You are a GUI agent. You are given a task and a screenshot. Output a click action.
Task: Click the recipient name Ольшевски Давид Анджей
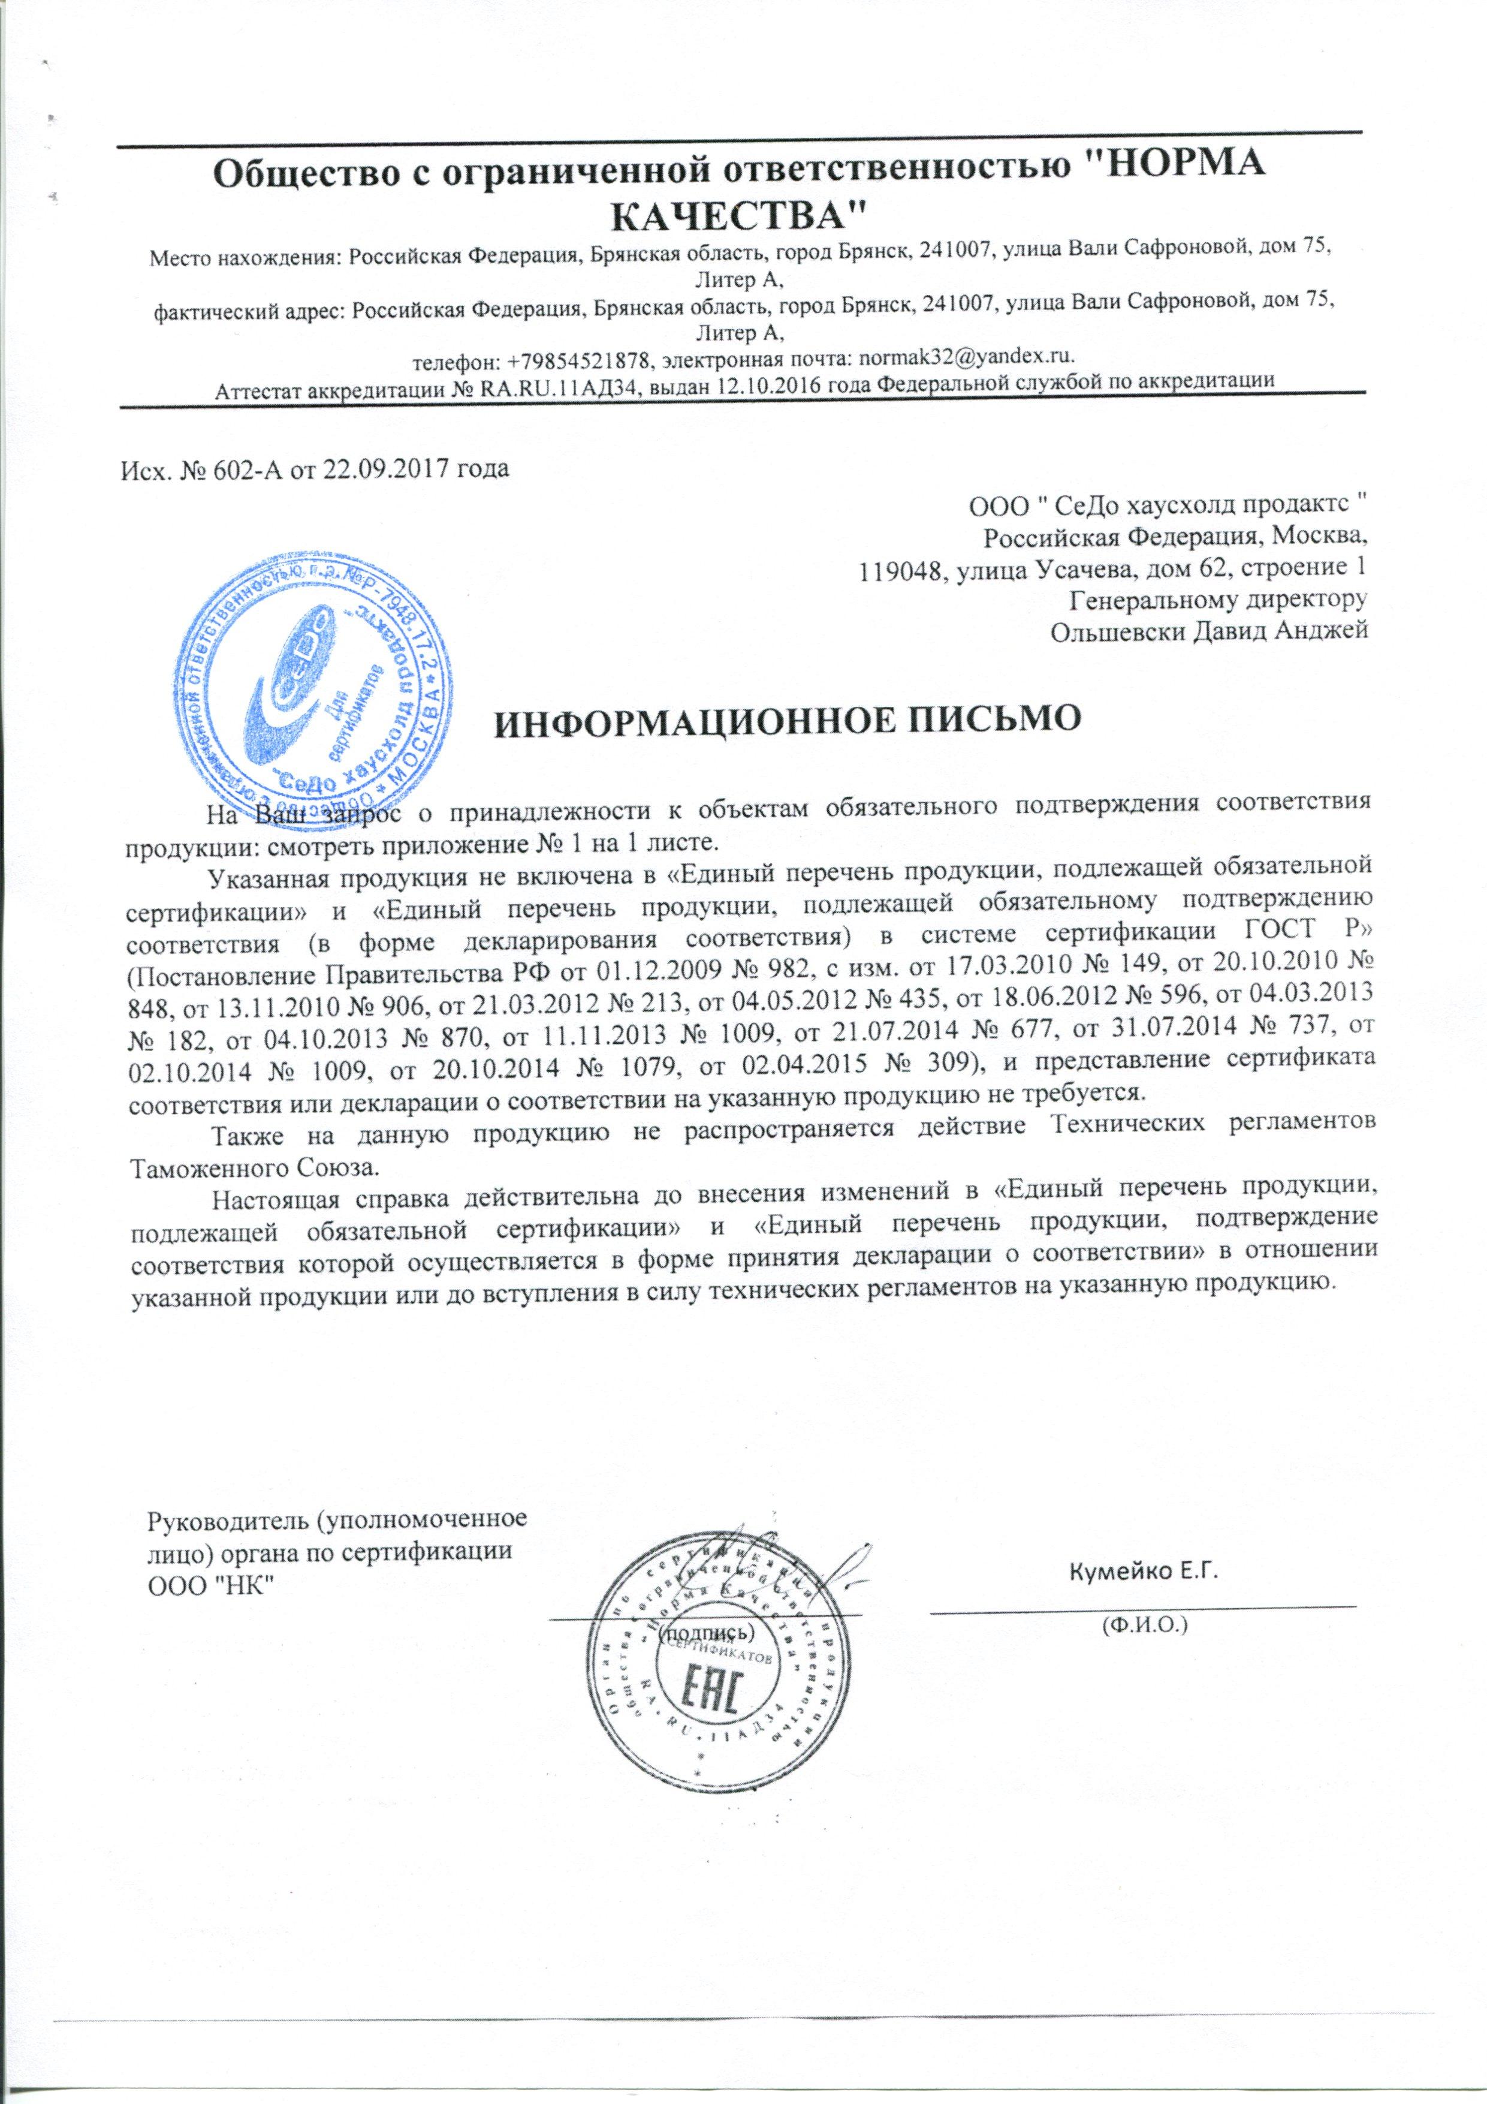pos(1209,630)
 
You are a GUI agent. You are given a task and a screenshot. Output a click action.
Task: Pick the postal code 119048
pos(898,569)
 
